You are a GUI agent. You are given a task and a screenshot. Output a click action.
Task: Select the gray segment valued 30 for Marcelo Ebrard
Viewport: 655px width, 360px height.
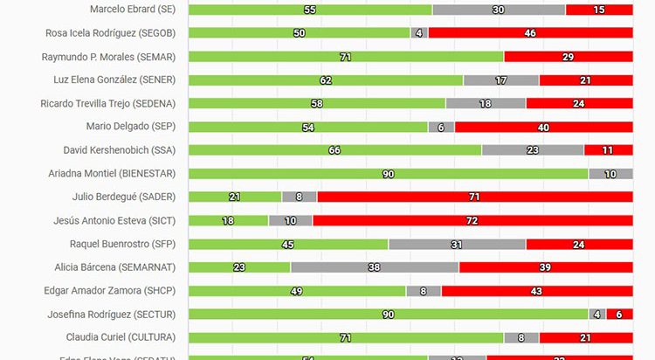tap(499, 10)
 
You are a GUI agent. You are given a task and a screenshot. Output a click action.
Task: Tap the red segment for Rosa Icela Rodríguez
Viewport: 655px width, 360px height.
tap(530, 33)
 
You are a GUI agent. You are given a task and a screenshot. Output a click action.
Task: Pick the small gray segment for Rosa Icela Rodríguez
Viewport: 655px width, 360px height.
tap(420, 33)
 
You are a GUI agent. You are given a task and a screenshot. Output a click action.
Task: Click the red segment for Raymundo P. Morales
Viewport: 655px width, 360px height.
tap(569, 57)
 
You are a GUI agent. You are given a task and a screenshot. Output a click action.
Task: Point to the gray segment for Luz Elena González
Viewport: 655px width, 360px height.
tap(501, 80)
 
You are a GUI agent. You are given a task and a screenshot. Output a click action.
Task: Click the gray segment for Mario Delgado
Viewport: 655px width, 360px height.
tap(441, 127)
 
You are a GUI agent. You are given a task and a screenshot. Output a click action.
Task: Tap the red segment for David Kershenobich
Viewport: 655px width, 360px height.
tap(609, 150)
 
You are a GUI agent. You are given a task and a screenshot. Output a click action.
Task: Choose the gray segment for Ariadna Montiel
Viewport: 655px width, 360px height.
tap(610, 174)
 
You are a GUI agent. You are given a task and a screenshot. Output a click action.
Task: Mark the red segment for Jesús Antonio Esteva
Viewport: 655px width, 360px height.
tap(472, 221)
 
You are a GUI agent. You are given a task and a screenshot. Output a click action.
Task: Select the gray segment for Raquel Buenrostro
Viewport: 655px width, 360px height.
tap(458, 245)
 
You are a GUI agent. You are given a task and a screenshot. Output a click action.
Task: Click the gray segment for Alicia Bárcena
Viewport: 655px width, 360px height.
tap(375, 267)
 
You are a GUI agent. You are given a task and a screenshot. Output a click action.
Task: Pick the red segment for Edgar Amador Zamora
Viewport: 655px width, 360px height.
tap(537, 291)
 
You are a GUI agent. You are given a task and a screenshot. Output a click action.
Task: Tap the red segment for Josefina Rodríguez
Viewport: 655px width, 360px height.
tap(619, 315)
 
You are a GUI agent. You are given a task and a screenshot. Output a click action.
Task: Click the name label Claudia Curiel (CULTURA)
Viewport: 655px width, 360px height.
tap(121, 337)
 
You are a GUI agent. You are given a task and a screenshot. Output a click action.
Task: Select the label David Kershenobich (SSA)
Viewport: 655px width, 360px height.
tap(121, 150)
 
